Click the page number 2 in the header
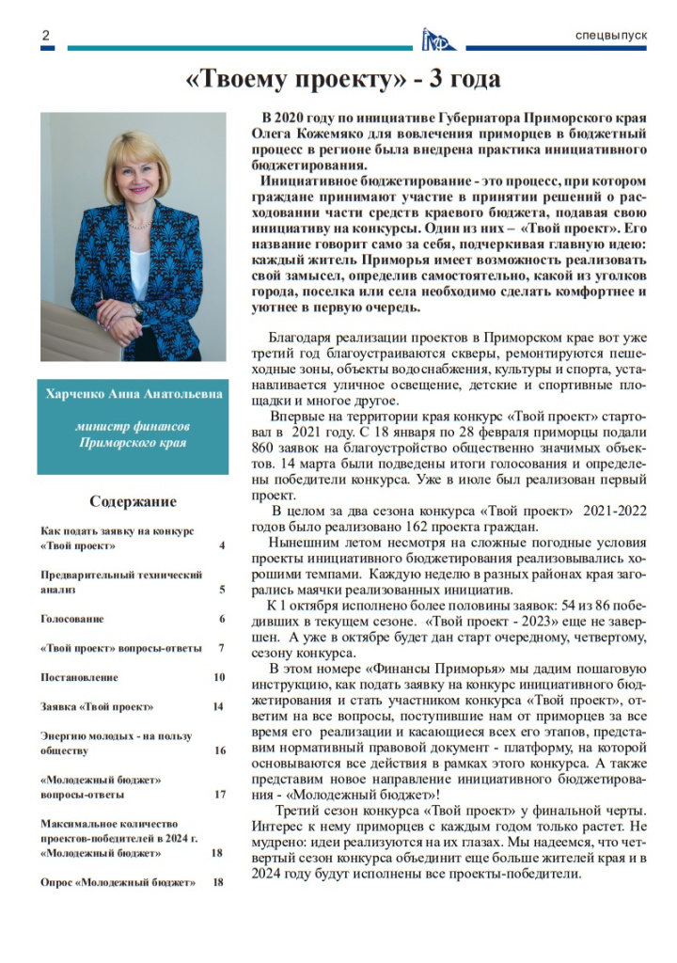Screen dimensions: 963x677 (44, 36)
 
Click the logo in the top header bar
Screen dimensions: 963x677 (438, 38)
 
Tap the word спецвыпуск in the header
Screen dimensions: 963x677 (611, 36)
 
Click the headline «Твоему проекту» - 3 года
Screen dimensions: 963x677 (342, 79)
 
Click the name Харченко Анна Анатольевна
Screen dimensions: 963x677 (134, 394)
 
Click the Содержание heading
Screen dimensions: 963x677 (133, 501)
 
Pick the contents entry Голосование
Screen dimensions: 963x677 (72, 620)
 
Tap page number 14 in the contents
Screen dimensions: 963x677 (219, 707)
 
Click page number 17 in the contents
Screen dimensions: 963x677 (219, 795)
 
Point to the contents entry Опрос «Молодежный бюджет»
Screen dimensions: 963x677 (118, 883)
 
